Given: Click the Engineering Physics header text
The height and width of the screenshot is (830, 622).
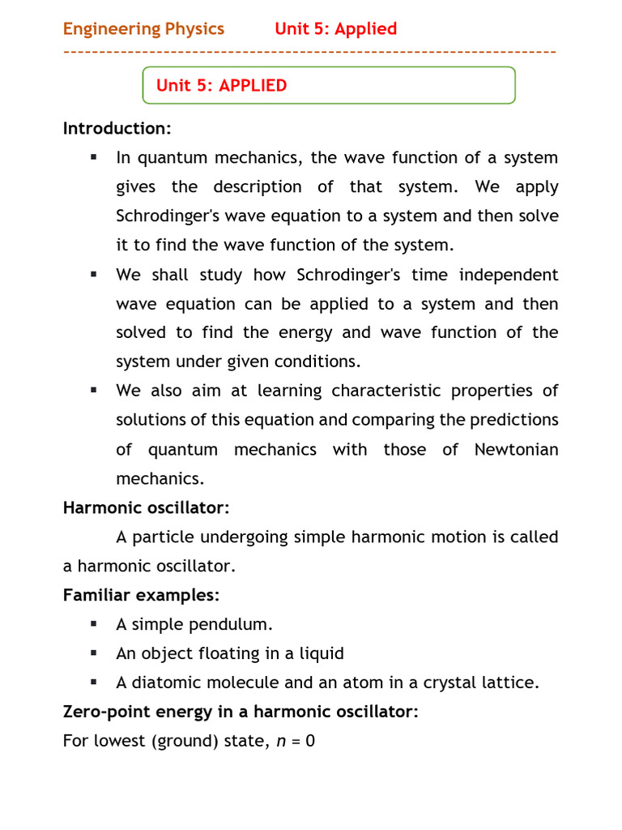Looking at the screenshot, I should tap(143, 29).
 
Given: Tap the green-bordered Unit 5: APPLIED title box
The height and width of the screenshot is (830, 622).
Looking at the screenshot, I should tap(329, 85).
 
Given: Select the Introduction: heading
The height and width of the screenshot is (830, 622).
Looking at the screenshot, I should tap(117, 129).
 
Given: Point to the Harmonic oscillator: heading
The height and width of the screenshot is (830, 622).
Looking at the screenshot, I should tap(147, 508).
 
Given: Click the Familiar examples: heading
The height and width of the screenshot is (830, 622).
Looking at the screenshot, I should tap(141, 596).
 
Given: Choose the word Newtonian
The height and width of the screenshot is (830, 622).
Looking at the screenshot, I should tap(516, 450).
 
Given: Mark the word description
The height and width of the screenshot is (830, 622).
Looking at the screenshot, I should tap(257, 187).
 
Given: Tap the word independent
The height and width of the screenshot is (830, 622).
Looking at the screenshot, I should tap(509, 275).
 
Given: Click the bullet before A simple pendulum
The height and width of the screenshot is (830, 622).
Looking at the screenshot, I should tap(94, 624).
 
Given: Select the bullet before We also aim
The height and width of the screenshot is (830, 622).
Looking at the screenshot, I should tap(94, 391).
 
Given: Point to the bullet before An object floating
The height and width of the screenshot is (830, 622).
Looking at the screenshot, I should tap(94, 653).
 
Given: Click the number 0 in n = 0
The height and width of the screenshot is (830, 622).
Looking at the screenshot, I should tap(309, 742).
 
